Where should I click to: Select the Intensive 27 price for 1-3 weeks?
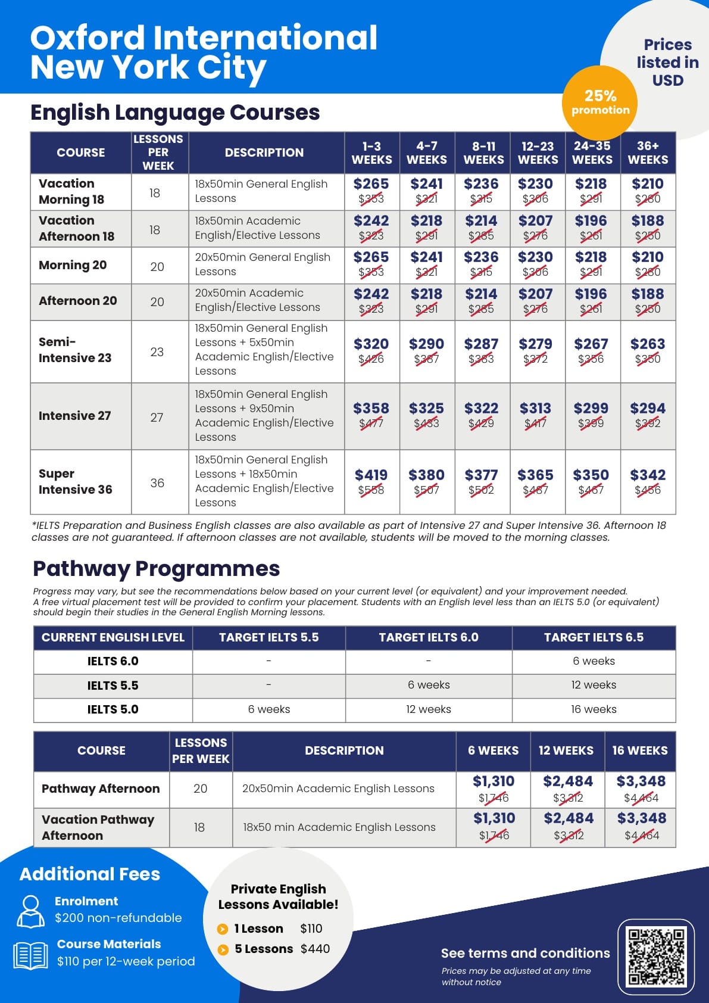point(371,409)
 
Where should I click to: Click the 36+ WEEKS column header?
point(648,152)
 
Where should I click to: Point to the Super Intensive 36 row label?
point(76,481)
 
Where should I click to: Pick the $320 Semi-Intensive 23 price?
point(371,344)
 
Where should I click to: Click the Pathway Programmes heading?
point(156,569)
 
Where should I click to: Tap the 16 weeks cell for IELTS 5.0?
point(594,709)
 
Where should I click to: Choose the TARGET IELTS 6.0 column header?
point(429,637)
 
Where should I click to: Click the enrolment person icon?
point(30,911)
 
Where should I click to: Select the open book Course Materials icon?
point(30,955)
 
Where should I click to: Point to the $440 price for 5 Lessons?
point(315,949)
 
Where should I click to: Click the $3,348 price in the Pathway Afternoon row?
point(641,781)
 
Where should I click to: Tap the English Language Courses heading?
point(175,113)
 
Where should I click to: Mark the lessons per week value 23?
point(157,352)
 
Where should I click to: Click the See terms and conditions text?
point(525,953)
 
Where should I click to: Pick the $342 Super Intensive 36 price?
point(648,475)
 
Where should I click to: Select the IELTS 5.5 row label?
point(113,686)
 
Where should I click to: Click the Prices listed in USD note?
point(667,63)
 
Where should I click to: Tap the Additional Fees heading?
point(90,874)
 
